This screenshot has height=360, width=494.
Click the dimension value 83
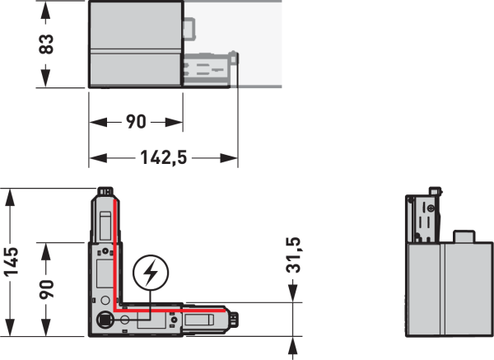tap(46, 44)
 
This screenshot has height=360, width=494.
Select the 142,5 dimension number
tap(164, 157)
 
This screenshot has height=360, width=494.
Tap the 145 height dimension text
tap(12, 262)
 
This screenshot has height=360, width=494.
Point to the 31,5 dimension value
tap(293, 255)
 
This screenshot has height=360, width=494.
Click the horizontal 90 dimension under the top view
tap(136, 122)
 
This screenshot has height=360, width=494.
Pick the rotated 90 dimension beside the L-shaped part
tap(46, 289)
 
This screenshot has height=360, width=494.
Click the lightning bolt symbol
tap(151, 273)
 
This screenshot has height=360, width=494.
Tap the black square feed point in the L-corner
tap(104, 320)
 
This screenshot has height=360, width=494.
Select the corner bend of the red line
tap(115, 310)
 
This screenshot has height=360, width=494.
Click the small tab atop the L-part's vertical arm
tap(105, 191)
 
